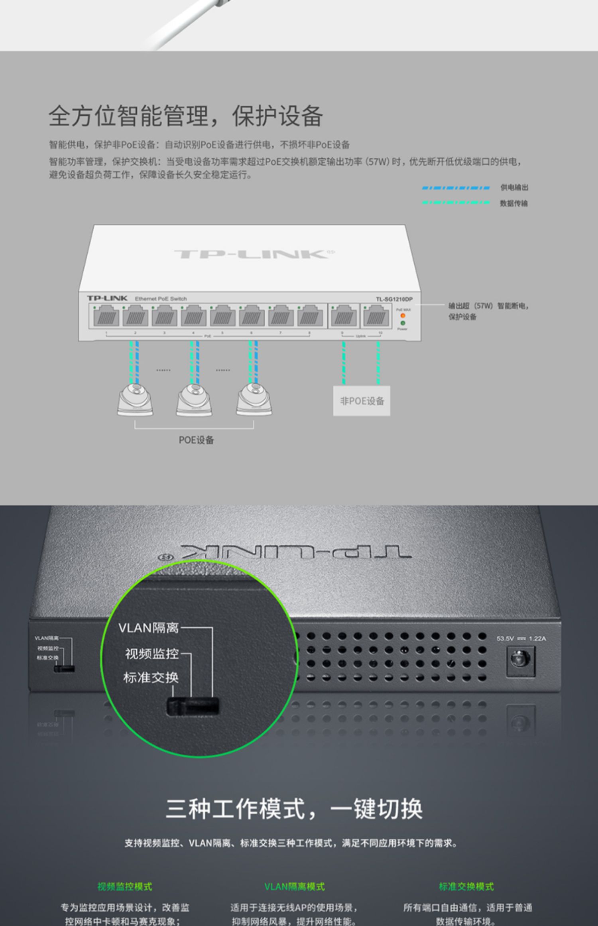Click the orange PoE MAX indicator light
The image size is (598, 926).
[x=403, y=316]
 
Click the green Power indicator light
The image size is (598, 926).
[x=403, y=323]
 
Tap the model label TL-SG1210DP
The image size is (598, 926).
[x=394, y=299]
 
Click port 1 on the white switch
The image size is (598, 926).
[x=106, y=316]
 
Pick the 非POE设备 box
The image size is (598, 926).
[x=362, y=401]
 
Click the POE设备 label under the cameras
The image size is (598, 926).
[x=196, y=440]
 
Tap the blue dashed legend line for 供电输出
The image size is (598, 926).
[x=456, y=187]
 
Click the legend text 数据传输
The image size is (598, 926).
[x=513, y=203]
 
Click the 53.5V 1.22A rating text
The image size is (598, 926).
[x=521, y=638]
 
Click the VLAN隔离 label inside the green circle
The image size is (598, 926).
[x=148, y=628]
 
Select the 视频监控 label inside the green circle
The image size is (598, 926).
[x=151, y=654]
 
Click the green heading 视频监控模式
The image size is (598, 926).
[x=125, y=887]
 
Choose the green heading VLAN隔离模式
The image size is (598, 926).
[x=294, y=887]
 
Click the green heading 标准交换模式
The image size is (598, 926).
[x=466, y=887]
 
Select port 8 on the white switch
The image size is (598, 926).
[x=310, y=316]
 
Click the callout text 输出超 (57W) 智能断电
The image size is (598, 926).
[x=488, y=306]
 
